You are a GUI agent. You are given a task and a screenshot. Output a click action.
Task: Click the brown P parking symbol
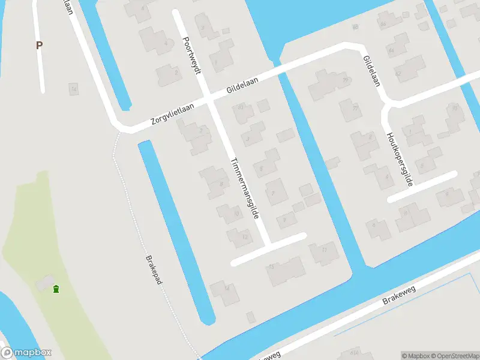[40, 45]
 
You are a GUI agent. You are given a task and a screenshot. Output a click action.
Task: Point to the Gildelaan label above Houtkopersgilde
[371, 71]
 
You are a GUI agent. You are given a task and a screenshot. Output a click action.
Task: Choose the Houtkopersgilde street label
[400, 159]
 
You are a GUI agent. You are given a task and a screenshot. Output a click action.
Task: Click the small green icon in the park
[56, 289]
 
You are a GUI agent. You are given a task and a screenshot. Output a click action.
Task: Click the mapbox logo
[26, 353]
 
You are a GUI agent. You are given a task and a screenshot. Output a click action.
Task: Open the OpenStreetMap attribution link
[454, 355]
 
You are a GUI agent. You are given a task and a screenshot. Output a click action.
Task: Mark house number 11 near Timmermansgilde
[322, 252]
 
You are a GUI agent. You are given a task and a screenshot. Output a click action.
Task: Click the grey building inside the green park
[43, 282]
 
